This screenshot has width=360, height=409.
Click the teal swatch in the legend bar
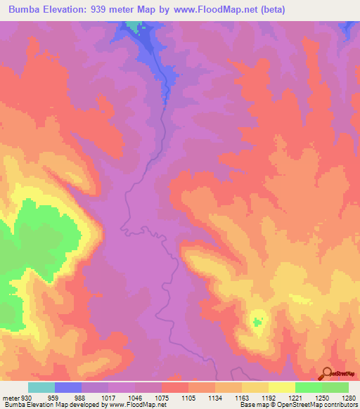point(41,388)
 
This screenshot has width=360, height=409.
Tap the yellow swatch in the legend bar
point(281,388)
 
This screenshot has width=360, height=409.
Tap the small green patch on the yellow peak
point(257,323)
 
